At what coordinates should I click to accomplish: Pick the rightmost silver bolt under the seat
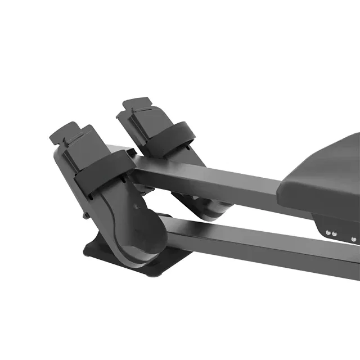pos(353,240)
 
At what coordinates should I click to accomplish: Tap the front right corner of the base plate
pos(150,274)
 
